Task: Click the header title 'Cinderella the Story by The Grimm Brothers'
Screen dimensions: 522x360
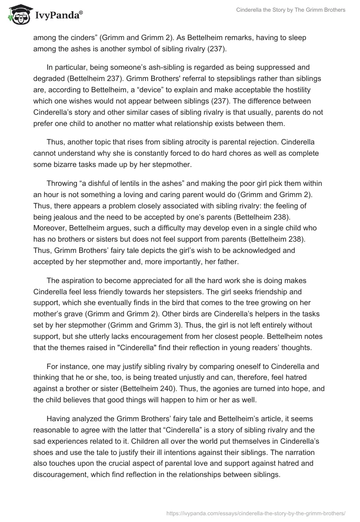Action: [291, 10]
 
